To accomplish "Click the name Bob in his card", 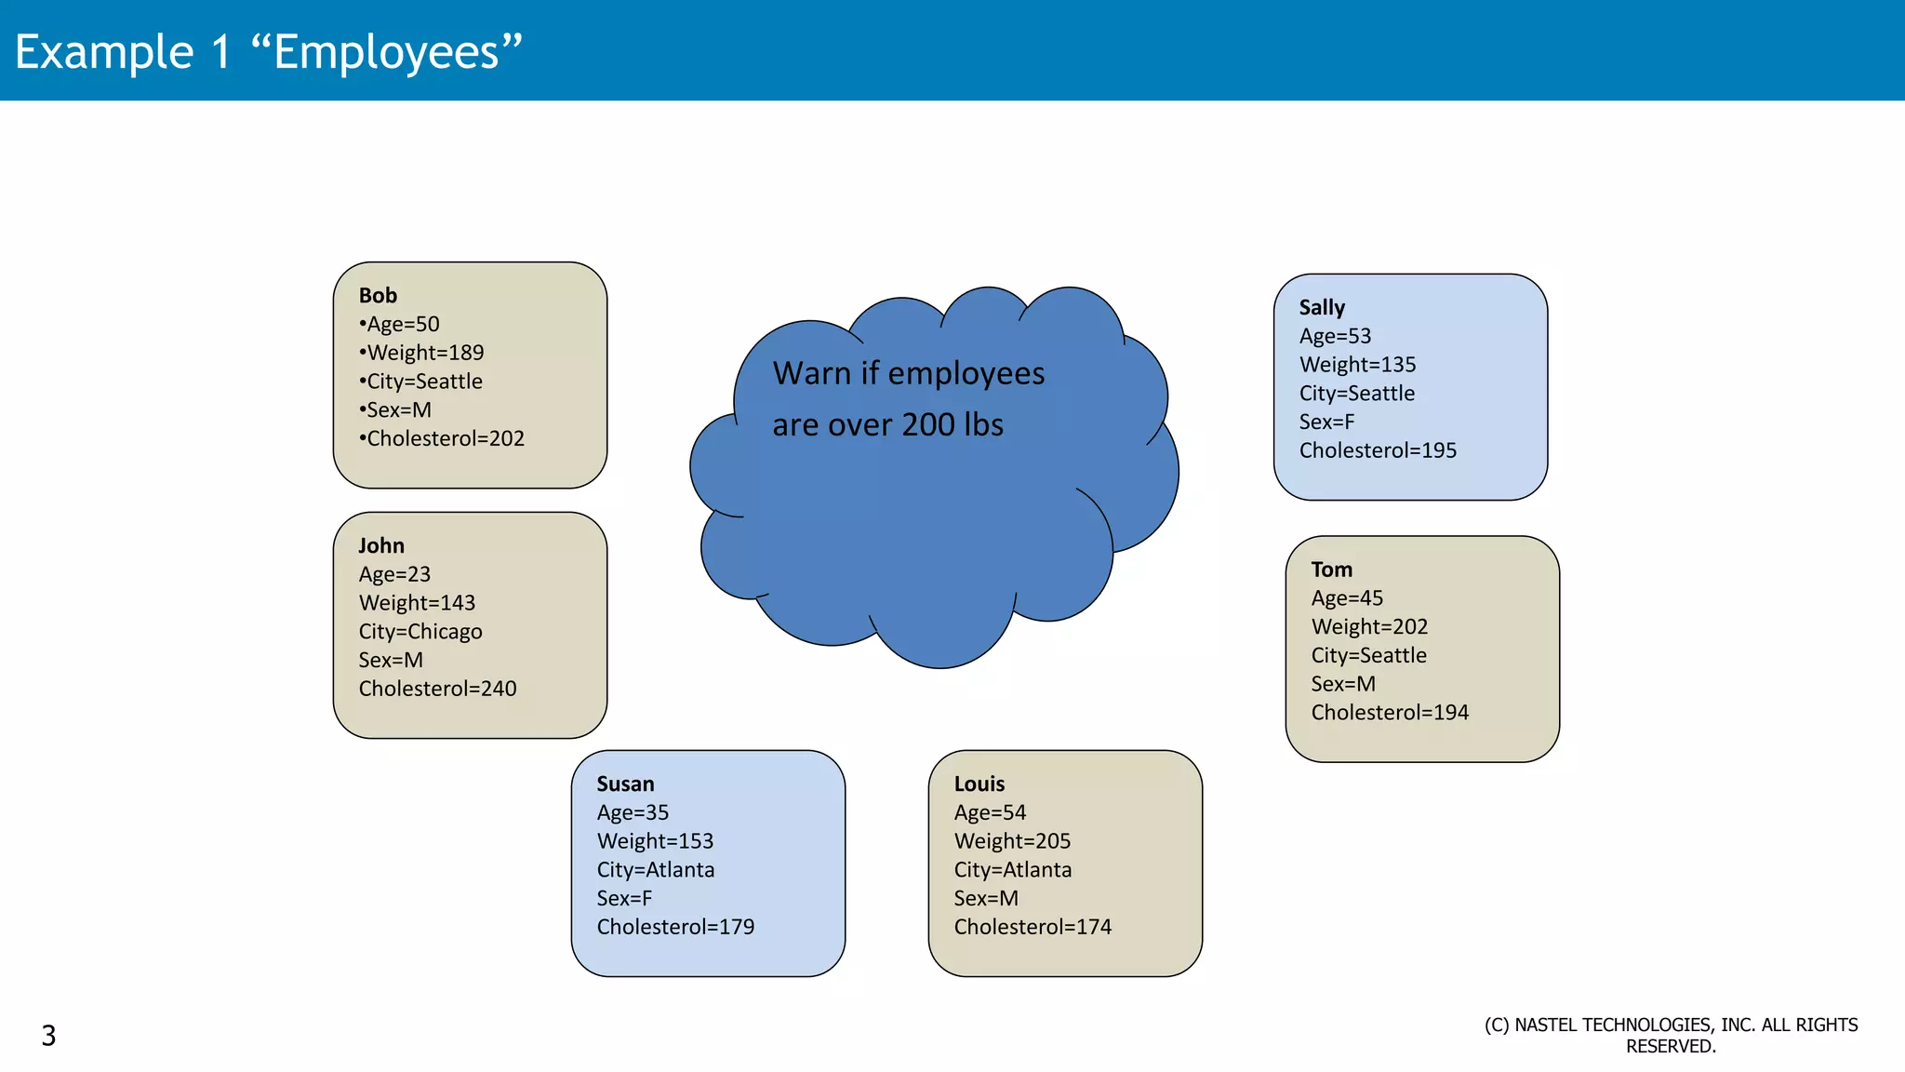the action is (378, 295).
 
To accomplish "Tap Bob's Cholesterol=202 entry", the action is (444, 438).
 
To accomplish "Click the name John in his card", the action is (381, 545).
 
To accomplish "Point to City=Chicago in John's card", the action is (420, 631).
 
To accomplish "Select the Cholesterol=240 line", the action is (437, 689).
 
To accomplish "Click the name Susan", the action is (625, 784).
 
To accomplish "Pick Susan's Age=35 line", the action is (633, 812).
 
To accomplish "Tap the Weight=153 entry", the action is (655, 841).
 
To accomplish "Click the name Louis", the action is (979, 784).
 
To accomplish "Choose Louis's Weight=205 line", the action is (1012, 841).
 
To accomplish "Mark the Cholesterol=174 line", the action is (1032, 927).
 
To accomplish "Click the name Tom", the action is (1332, 569).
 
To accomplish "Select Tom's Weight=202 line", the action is (1369, 627).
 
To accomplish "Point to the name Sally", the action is (1322, 307).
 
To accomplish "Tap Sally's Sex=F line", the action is (1326, 422).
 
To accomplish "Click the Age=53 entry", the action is (1335, 336).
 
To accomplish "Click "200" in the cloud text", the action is (928, 424).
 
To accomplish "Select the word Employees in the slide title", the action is (386, 52).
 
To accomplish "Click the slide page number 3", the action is (48, 1035).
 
